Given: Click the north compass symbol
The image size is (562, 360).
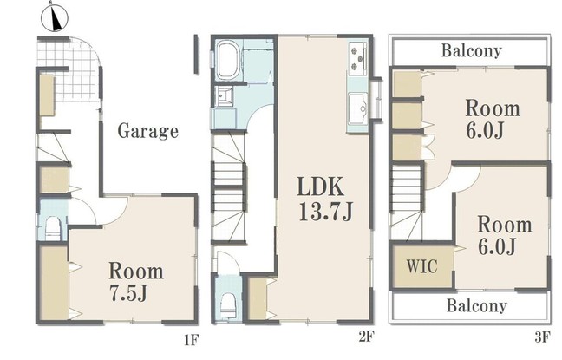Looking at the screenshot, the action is (x=55, y=16).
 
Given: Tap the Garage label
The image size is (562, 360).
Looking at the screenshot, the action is (x=148, y=131).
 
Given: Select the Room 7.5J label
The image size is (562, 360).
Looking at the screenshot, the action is (x=136, y=281).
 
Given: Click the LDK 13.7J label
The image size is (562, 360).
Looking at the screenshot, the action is (x=325, y=199).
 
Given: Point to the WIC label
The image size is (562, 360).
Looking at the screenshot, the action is (x=421, y=266).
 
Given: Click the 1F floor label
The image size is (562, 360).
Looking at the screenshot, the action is (x=191, y=339).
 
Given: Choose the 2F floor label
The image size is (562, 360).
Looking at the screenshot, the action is (x=366, y=337).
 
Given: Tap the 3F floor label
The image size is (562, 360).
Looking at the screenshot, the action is (x=542, y=337).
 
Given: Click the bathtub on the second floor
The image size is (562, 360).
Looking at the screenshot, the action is (x=228, y=60).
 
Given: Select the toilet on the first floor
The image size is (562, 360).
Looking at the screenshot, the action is (x=53, y=228).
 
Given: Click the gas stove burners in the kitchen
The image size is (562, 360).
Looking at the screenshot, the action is (x=357, y=58).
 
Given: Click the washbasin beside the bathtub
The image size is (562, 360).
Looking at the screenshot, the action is (x=225, y=96).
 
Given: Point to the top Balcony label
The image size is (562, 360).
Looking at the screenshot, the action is (x=471, y=50).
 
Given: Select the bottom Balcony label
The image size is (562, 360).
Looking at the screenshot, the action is (x=477, y=306).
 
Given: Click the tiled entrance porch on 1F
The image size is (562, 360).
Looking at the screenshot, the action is (x=69, y=69).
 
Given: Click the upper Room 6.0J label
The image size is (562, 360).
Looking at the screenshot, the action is (x=493, y=120).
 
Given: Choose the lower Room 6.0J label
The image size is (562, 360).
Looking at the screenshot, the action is (x=504, y=236).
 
